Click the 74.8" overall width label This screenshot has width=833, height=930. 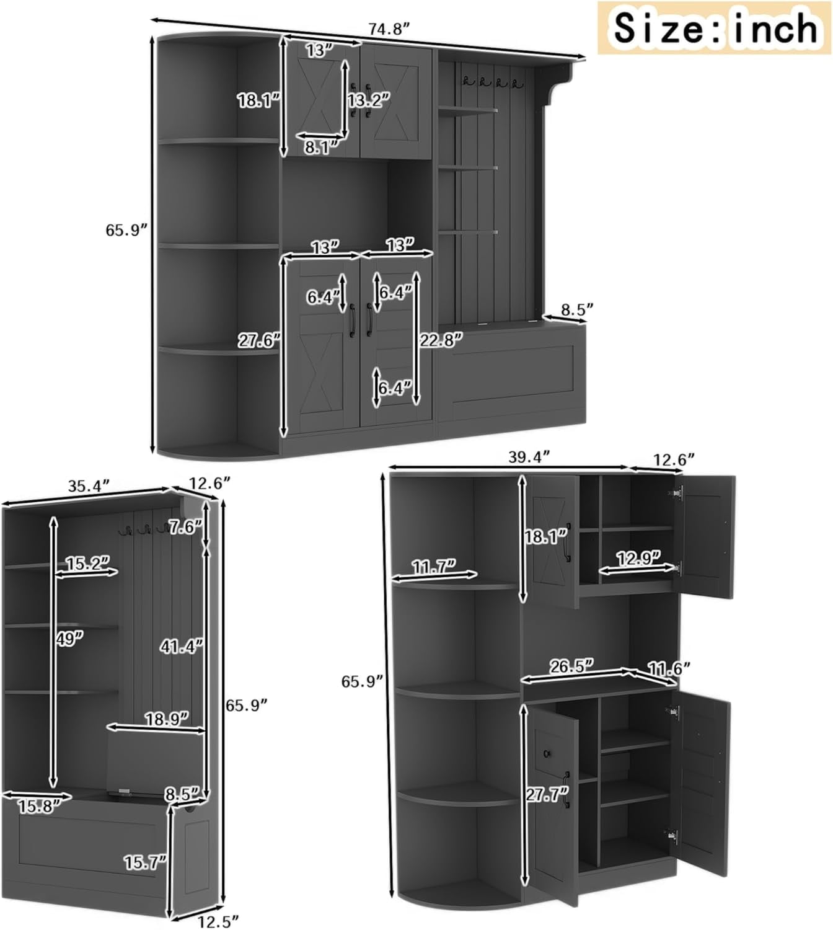[x=388, y=29]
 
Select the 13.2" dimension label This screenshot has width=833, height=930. [x=369, y=100]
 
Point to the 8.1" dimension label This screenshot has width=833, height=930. [x=322, y=147]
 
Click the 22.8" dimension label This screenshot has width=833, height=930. [x=441, y=340]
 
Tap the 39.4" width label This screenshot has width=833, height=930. [x=529, y=457]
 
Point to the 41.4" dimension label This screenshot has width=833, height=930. [x=181, y=646]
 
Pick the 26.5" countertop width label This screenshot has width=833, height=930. [x=572, y=666]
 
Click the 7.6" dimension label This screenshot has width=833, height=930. [x=185, y=527]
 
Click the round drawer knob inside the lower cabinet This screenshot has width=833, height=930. [x=547, y=753]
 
